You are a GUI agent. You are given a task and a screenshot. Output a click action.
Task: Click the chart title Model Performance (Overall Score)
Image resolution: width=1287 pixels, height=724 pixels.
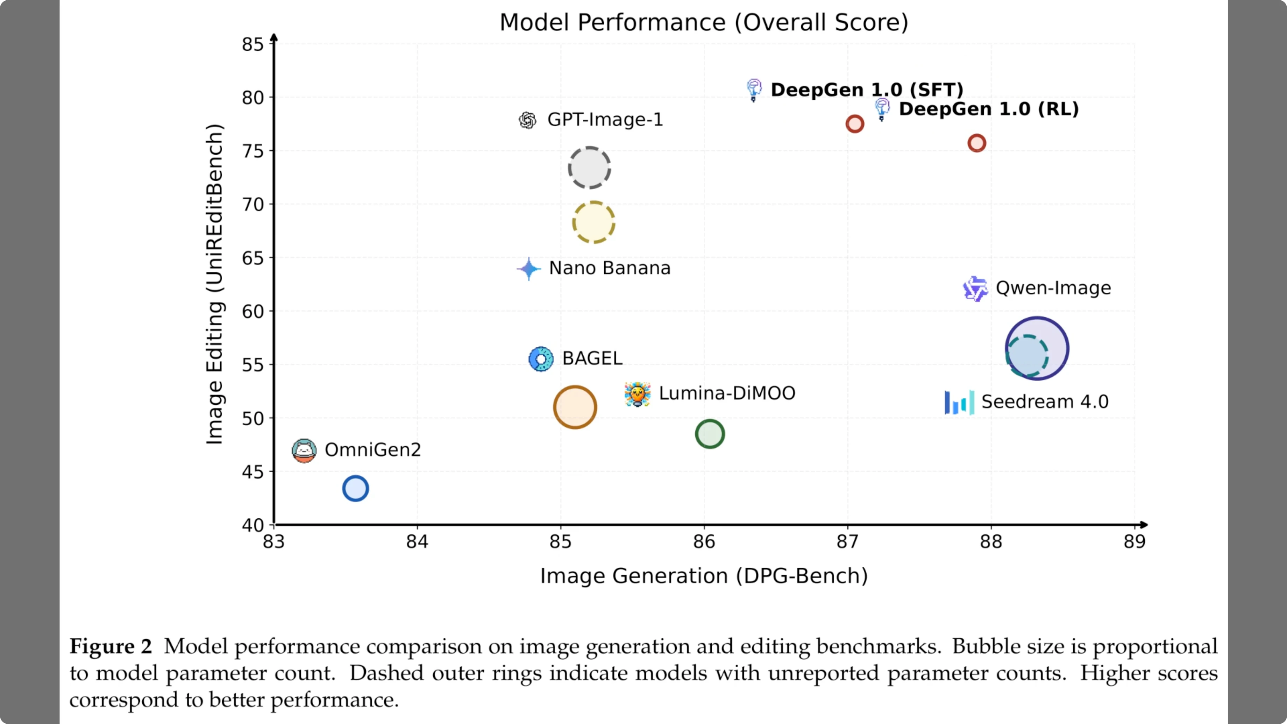click(x=703, y=22)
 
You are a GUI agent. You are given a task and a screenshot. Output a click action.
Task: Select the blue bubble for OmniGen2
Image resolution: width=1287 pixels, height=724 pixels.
click(x=355, y=488)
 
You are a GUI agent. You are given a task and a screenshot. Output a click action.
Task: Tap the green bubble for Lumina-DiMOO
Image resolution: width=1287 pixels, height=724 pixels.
click(x=710, y=434)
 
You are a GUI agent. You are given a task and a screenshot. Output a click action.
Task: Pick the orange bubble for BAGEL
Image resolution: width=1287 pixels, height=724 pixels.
click(x=575, y=407)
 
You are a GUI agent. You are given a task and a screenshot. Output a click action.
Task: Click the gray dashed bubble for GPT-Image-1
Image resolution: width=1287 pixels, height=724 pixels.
click(x=590, y=168)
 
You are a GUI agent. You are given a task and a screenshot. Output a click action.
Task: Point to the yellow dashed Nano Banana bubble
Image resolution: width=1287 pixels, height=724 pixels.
click(x=593, y=222)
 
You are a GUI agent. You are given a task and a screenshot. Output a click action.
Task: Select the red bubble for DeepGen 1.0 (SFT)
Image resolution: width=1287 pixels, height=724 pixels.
click(x=854, y=123)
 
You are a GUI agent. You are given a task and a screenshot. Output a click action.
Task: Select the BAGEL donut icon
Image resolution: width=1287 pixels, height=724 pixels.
click(x=541, y=359)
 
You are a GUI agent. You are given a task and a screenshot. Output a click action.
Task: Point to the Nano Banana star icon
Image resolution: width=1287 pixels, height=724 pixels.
click(x=528, y=269)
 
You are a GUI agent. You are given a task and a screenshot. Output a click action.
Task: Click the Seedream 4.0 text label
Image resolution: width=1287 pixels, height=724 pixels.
click(x=1045, y=402)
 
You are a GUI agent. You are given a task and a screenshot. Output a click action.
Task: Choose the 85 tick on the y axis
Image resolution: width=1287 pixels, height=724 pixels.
click(x=253, y=44)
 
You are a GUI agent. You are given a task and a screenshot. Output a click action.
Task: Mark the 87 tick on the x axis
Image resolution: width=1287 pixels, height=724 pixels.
click(x=847, y=542)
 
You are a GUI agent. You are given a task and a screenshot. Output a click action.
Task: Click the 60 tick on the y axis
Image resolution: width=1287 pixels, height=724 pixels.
click(x=253, y=311)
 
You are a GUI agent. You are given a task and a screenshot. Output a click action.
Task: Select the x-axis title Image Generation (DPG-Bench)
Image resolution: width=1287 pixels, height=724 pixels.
click(x=703, y=576)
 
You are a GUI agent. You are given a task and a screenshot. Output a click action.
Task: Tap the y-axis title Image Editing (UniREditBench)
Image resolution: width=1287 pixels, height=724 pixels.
click(x=215, y=284)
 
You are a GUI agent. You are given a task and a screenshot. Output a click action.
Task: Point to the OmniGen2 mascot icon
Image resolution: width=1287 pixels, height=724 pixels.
click(x=304, y=451)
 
